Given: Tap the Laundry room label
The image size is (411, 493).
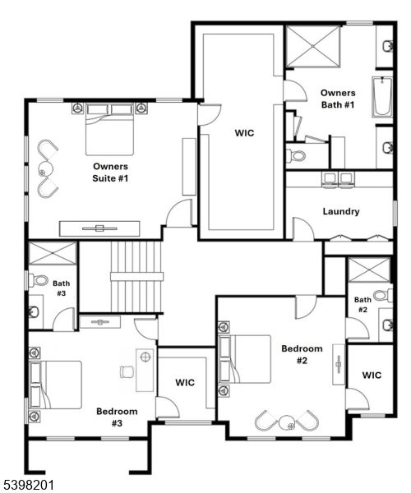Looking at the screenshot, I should (x=340, y=211).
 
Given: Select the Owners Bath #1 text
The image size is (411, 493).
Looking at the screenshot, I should (x=338, y=99).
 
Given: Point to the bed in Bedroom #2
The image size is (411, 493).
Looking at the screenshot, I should (x=250, y=360).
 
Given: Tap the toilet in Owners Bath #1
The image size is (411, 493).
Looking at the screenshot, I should (x=297, y=154).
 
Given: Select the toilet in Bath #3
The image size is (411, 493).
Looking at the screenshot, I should (x=39, y=280).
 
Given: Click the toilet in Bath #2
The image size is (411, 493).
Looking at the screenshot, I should (x=381, y=295).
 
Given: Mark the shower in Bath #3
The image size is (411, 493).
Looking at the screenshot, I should (x=52, y=253).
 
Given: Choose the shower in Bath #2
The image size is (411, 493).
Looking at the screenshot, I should (x=368, y=270).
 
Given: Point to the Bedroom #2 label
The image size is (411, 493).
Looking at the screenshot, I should (x=302, y=354).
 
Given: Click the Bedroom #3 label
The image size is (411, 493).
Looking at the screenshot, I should (x=116, y=417).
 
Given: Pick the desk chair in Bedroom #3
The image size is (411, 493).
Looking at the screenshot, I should (x=127, y=371).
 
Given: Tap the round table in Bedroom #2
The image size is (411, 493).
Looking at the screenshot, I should (x=290, y=425).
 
